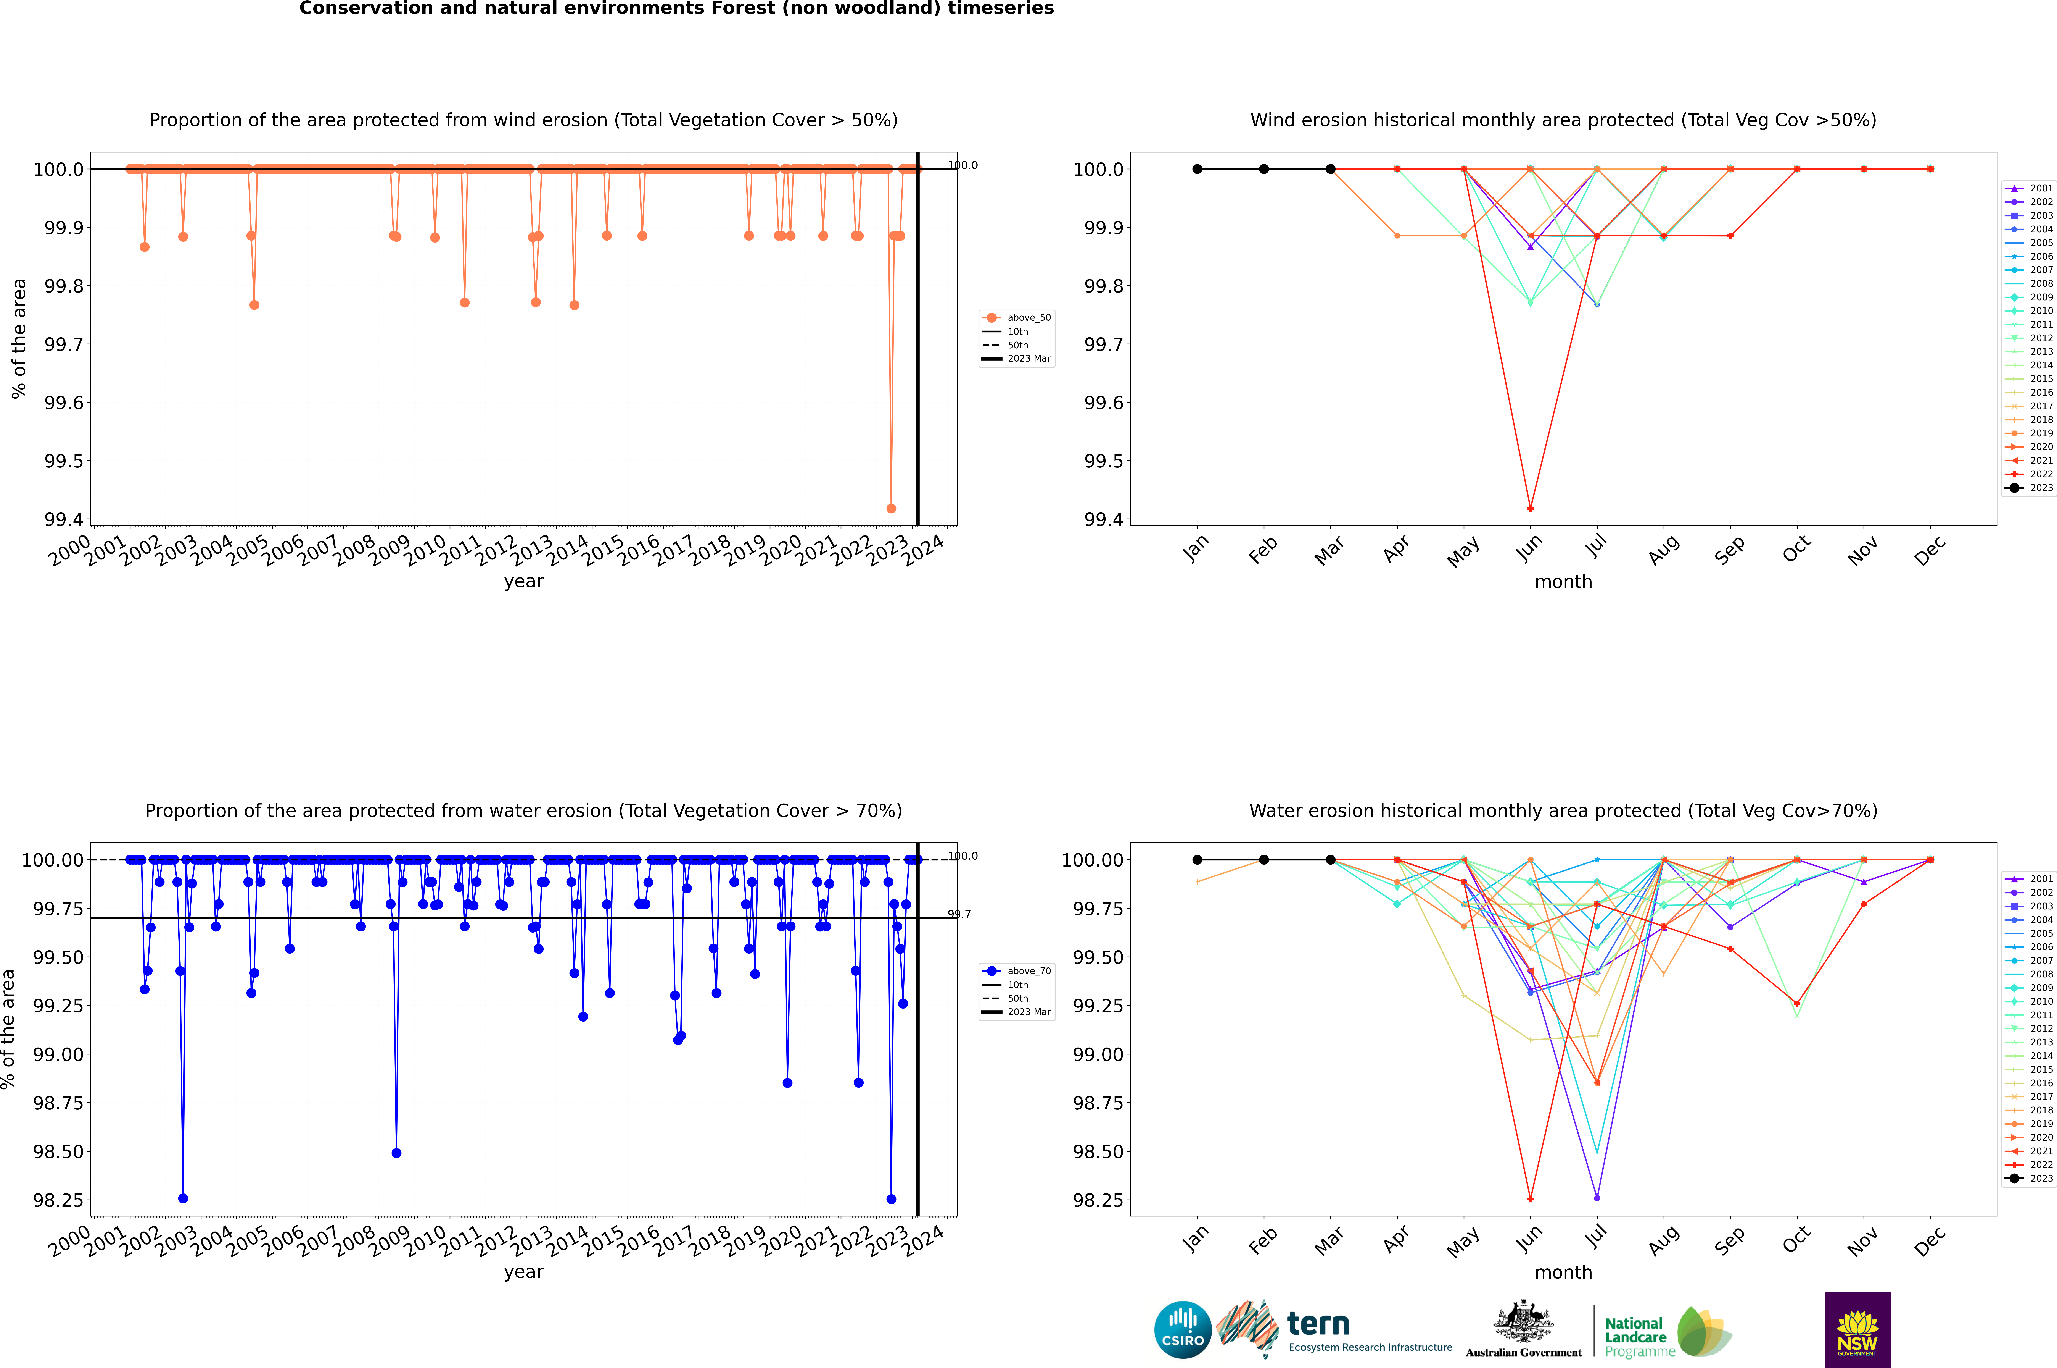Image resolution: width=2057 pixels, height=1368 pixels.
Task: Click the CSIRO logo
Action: click(1182, 1330)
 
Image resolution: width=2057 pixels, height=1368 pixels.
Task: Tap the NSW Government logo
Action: click(1857, 1330)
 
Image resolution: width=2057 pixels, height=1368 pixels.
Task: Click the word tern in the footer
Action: click(1318, 1324)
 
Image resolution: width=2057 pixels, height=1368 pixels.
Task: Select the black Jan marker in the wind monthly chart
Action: click(1197, 169)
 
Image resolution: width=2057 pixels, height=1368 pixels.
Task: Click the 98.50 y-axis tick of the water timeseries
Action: click(58, 1152)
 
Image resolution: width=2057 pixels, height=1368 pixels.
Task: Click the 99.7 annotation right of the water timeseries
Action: click(959, 914)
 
